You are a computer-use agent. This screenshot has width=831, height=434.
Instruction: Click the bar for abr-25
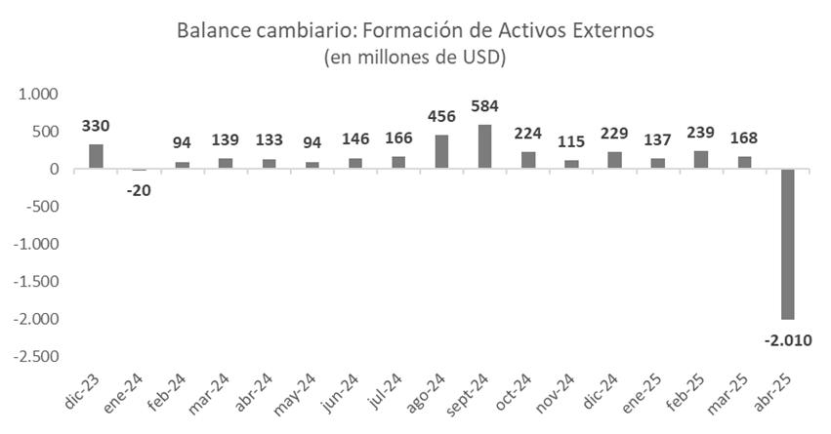click(x=788, y=244)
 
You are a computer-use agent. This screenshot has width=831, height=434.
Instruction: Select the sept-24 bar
click(x=485, y=147)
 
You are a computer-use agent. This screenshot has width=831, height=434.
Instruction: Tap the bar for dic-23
click(x=96, y=157)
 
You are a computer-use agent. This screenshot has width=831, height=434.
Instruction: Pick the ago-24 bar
click(x=441, y=152)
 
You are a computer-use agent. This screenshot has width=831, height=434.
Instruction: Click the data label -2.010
click(x=788, y=340)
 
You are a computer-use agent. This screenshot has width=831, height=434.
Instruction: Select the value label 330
click(x=96, y=125)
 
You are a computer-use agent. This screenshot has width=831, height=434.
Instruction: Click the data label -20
click(x=139, y=189)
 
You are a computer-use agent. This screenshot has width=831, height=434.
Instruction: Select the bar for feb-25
click(x=701, y=160)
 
